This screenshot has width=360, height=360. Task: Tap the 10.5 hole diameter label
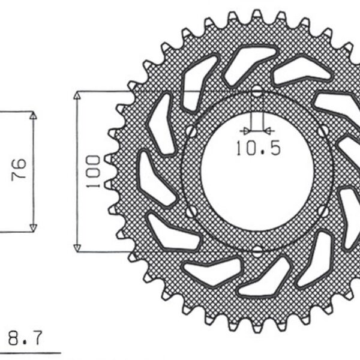click(x=257, y=148)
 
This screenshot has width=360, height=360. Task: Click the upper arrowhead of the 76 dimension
click(x=33, y=116)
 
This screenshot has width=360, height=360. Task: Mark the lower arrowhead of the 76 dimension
click(x=33, y=226)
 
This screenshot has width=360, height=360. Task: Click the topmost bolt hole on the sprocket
click(x=257, y=92)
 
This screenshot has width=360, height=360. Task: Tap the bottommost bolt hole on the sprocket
click(x=257, y=251)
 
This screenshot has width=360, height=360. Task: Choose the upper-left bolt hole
click(x=190, y=130)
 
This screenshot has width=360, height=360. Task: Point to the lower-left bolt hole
click(x=190, y=212)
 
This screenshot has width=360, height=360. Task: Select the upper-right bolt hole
click(x=324, y=130)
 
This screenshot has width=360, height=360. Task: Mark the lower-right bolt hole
click(x=324, y=211)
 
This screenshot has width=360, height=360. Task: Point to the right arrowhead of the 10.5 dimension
click(x=269, y=130)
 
